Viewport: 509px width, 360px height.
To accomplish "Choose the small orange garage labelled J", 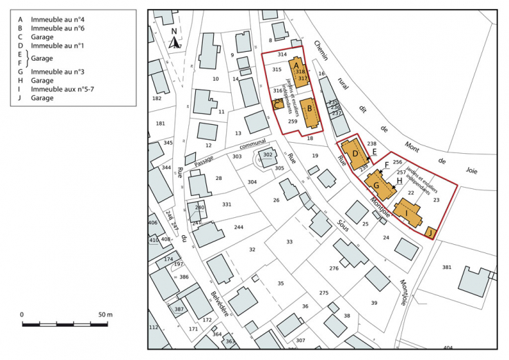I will click(430, 232).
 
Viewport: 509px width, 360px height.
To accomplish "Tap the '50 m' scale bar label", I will click(105, 314).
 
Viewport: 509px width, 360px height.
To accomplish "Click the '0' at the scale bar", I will click(22, 314).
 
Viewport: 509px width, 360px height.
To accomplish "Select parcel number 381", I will click(446, 267).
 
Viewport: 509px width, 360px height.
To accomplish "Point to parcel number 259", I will click(292, 121).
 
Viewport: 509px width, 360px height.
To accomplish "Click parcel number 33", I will click(290, 241).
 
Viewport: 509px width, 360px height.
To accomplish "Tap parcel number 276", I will click(334, 268).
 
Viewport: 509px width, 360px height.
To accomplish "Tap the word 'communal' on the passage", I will click(252, 145).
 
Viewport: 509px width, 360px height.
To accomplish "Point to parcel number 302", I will click(268, 155).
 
